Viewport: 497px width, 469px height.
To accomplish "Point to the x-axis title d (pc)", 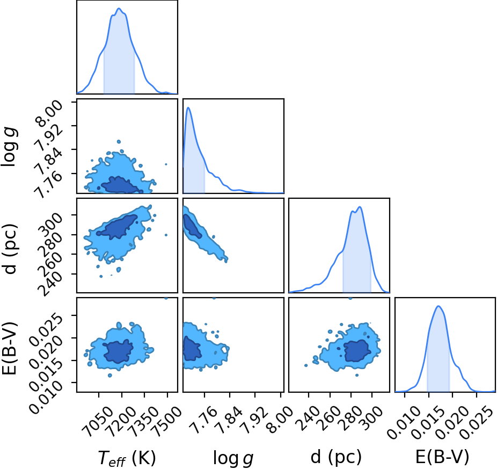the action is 336,457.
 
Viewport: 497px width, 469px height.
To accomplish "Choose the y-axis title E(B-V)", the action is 9,348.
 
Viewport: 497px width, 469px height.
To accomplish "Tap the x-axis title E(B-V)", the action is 442,457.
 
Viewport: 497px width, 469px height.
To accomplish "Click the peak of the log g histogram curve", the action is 188,107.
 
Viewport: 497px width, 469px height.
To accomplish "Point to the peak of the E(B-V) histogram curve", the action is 438,306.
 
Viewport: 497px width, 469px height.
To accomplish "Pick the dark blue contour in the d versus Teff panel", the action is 118,227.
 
